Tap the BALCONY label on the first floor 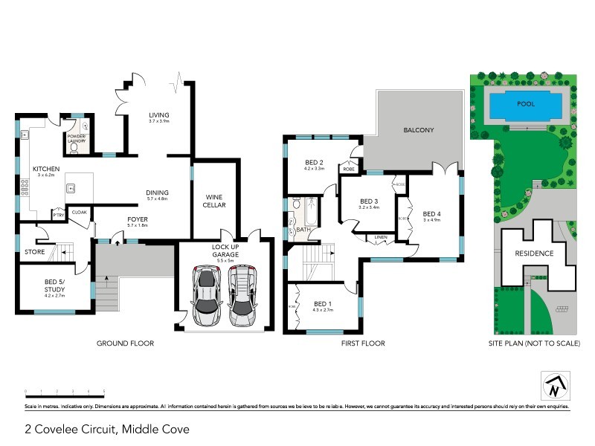click(419, 130)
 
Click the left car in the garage click(207, 295)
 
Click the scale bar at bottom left click(65, 390)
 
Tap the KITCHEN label click(46, 169)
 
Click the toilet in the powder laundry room click(73, 147)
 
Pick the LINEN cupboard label click(381, 238)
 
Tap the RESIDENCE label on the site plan click(534, 253)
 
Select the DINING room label click(158, 192)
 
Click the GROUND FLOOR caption click(125, 343)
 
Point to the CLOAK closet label click(79, 213)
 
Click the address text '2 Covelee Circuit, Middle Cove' click(107, 429)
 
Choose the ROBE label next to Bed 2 click(348, 169)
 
